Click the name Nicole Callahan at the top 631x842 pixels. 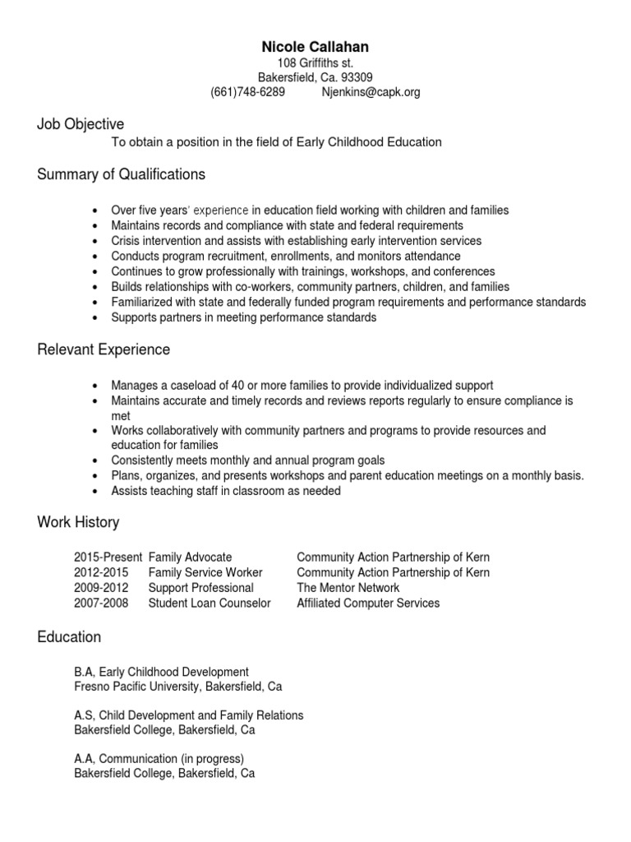point(315,48)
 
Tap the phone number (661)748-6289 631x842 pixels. point(248,93)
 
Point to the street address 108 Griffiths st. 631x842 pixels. point(315,63)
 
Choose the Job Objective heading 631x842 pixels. point(81,124)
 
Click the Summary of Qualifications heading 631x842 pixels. point(121,174)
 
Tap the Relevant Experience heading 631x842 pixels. point(104,349)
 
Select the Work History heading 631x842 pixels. point(78,522)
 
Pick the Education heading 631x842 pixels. point(69,637)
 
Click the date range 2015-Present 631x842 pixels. point(108,557)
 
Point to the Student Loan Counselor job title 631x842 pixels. point(209,603)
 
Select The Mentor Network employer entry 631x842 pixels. point(348,588)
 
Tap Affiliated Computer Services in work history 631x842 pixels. point(367,603)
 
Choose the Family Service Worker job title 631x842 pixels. point(205,572)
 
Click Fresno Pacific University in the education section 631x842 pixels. point(143,687)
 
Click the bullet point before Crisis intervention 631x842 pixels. point(96,242)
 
